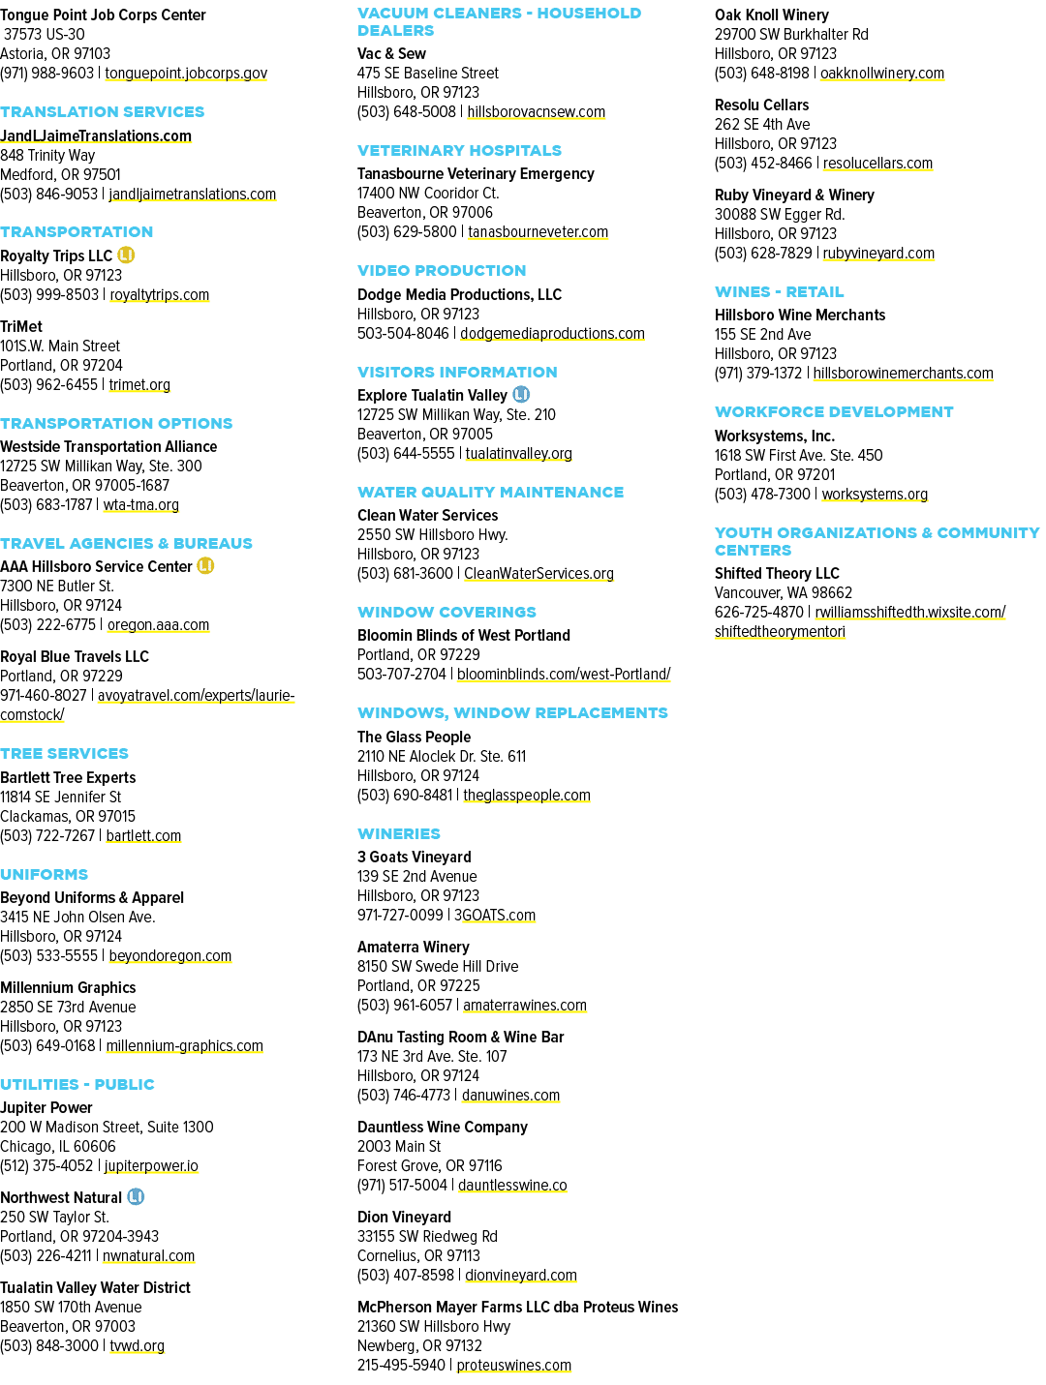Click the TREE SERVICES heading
[64, 753]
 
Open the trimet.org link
[139, 384]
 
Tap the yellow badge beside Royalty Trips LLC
[126, 255]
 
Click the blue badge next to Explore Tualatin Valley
[521, 394]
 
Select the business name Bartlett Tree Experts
[68, 777]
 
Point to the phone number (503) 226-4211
[46, 1255]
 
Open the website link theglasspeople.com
[527, 795]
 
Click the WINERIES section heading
[398, 833]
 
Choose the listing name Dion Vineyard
[404, 1217]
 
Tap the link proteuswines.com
[514, 1364]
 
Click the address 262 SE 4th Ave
[762, 124]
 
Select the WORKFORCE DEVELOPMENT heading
[833, 411]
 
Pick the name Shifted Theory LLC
[777, 573]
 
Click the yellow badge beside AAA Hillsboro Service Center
[205, 565]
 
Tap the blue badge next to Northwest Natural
[136, 1196]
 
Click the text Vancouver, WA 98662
[783, 592]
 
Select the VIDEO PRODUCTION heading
[442, 270]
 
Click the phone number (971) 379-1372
[758, 373]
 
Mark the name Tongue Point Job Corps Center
[103, 15]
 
